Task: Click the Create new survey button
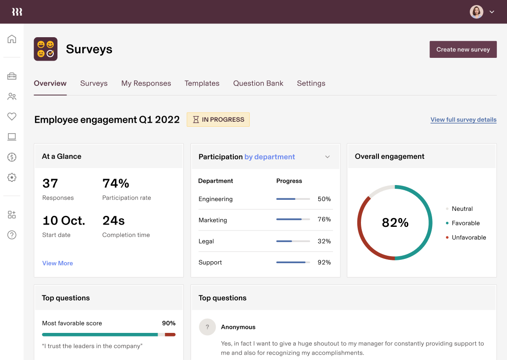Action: [463, 50]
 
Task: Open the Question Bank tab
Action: [258, 83]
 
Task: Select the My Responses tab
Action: [146, 83]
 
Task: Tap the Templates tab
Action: [202, 83]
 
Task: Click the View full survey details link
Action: [463, 120]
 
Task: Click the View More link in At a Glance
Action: [57, 263]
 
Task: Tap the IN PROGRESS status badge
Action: [218, 119]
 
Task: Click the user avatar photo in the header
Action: [476, 12]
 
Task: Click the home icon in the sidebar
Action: [12, 39]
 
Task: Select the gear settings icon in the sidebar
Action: [12, 177]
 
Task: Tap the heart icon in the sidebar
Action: [12, 117]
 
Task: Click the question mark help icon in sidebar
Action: [12, 235]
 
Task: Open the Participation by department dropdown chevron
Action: [327, 157]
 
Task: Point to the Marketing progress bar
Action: [293, 219]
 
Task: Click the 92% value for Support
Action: [324, 262]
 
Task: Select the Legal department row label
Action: [206, 241]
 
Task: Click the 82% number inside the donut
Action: [395, 223]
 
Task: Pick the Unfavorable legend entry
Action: [469, 237]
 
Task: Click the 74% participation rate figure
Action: [116, 184]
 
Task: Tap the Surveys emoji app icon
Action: [45, 49]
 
